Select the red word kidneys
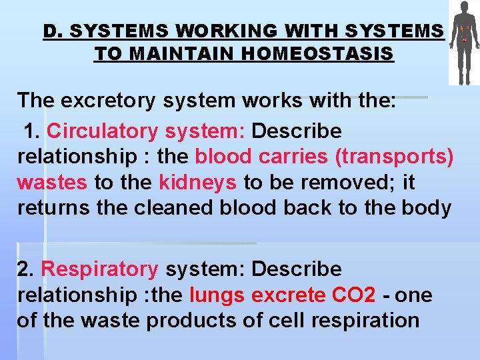(197, 182)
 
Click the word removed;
(361, 182)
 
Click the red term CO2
(352, 295)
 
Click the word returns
(55, 207)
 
